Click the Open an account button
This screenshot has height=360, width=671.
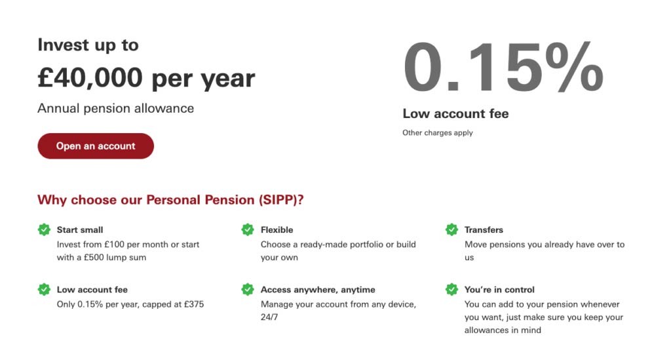click(x=96, y=146)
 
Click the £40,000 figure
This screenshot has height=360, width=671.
click(x=90, y=78)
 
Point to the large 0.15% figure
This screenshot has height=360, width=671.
click(x=503, y=66)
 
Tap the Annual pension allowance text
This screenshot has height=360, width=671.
click(x=115, y=108)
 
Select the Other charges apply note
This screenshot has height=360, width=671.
click(x=437, y=132)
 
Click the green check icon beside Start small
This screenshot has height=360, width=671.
click(x=44, y=230)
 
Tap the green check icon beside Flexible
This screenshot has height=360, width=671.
click(x=248, y=230)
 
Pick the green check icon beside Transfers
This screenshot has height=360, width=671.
click(x=451, y=230)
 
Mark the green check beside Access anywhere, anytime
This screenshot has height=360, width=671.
click(x=248, y=290)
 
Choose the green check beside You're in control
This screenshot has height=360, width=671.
click(x=451, y=290)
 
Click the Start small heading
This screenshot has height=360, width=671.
click(x=80, y=230)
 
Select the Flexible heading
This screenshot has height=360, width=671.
click(x=277, y=230)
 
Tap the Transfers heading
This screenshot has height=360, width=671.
click(x=484, y=230)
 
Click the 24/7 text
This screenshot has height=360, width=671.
click(x=269, y=317)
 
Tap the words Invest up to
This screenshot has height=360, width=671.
click(x=88, y=45)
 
